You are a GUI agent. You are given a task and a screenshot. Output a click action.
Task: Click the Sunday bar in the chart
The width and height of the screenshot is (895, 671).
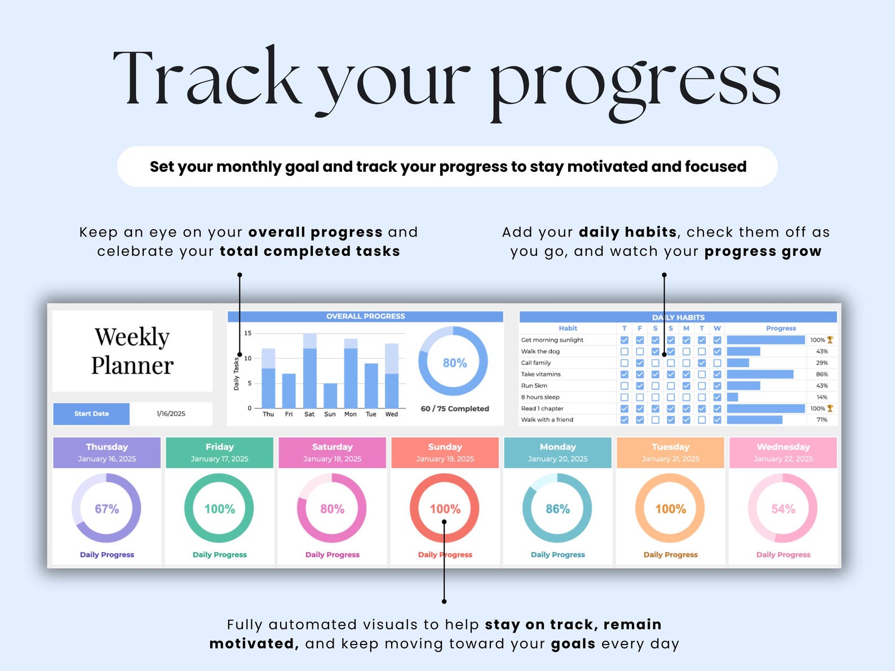tap(330, 396)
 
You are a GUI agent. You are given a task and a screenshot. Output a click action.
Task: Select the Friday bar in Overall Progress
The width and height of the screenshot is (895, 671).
tap(289, 390)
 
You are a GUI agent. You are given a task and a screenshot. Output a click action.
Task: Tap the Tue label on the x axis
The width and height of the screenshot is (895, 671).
tap(371, 414)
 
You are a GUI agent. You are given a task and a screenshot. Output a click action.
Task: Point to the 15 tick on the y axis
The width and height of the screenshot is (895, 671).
tap(248, 334)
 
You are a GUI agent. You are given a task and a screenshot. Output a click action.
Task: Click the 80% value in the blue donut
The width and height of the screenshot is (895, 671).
tap(455, 363)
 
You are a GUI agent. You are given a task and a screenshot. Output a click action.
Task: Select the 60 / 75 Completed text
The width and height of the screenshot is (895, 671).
tap(455, 408)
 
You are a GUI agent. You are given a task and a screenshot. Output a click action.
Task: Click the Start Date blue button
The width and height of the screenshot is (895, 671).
tap(91, 414)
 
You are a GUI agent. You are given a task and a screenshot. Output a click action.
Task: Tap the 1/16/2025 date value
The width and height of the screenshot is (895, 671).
tap(171, 414)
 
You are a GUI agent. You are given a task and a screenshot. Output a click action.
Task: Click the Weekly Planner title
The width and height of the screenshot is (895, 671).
tap(132, 351)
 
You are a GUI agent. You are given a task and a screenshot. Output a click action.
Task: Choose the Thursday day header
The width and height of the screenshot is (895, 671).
tap(107, 452)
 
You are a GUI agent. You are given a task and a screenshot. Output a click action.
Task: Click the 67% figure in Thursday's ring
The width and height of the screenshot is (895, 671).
tap(107, 509)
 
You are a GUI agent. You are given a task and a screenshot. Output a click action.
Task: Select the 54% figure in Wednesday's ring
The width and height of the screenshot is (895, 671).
tap(783, 509)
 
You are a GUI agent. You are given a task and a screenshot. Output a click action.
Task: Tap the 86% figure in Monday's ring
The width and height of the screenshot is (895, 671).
tap(558, 509)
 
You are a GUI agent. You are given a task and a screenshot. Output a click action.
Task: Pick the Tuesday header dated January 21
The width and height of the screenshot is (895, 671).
tap(670, 452)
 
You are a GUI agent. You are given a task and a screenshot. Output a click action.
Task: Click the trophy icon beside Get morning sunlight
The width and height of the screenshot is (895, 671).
tap(830, 340)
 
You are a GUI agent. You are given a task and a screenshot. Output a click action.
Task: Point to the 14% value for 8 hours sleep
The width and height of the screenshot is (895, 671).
tap(822, 397)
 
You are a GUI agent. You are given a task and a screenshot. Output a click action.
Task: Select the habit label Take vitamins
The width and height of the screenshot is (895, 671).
tap(540, 374)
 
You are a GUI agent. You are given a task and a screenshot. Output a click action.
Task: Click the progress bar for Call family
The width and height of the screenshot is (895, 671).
tap(738, 363)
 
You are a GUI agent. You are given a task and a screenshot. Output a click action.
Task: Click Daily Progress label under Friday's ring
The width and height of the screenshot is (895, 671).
tap(220, 554)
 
